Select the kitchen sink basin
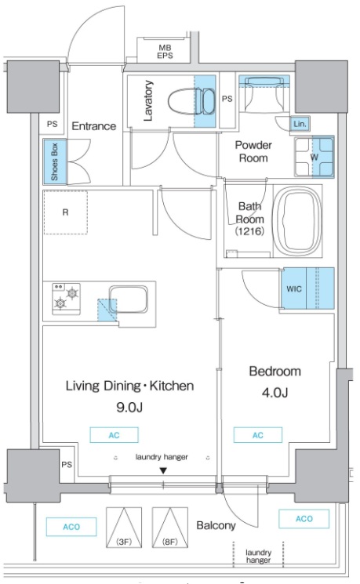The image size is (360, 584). coord(128,300)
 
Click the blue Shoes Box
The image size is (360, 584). coord(55,161)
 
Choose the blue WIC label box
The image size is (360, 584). coord(293,288)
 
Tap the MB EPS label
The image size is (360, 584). coord(165,52)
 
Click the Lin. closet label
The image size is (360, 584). coord(300,124)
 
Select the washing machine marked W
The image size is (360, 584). coord(315,157)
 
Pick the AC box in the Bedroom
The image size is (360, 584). coord(258,435)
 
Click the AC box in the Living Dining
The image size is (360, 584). coord(114,435)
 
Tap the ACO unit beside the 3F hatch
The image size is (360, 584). coord(71,527)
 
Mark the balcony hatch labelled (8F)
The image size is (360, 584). coord(170,528)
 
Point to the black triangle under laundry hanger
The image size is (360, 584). coord(163,471)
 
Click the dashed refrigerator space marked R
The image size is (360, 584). coord(66,212)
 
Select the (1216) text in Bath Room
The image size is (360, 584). coord(249,231)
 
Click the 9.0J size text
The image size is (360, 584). coord(129,408)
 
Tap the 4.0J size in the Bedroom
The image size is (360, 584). coord(275,393)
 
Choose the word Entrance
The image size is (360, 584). coord(94,126)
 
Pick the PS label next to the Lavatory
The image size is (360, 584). coord(227,99)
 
